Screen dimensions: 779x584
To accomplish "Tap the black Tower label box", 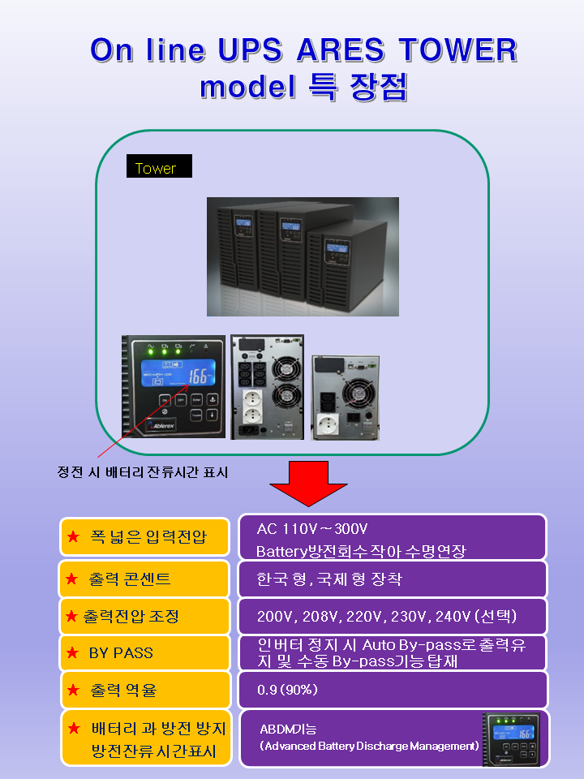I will [159, 167].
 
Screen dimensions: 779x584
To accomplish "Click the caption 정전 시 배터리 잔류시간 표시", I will [142, 472].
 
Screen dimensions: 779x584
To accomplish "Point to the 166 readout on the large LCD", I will [200, 376].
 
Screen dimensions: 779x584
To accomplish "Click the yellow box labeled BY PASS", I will [144, 653].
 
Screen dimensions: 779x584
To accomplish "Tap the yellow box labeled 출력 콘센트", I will [144, 579].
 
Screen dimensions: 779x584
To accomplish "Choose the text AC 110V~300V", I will [312, 530].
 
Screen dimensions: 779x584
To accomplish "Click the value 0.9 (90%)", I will [287, 690].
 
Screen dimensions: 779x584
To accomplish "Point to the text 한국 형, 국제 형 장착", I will [328, 579].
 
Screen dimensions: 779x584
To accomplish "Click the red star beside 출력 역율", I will [73, 691].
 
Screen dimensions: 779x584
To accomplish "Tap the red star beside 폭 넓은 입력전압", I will [73, 536].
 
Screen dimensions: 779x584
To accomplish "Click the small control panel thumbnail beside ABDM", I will [511, 738].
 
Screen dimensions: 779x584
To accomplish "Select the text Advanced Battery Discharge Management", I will [369, 746].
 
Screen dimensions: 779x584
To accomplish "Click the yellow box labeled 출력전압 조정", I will [144, 616].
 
